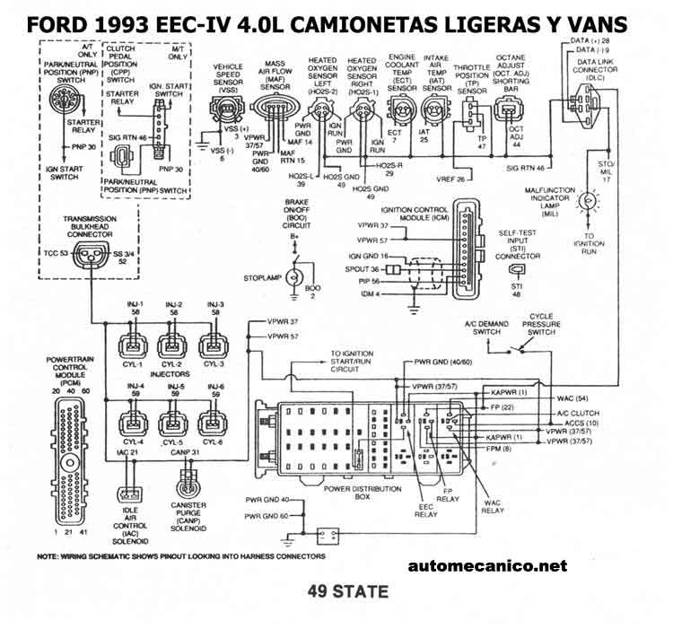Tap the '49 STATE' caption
pyautogui.click(x=347, y=591)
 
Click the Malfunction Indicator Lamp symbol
pyautogui.click(x=589, y=199)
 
